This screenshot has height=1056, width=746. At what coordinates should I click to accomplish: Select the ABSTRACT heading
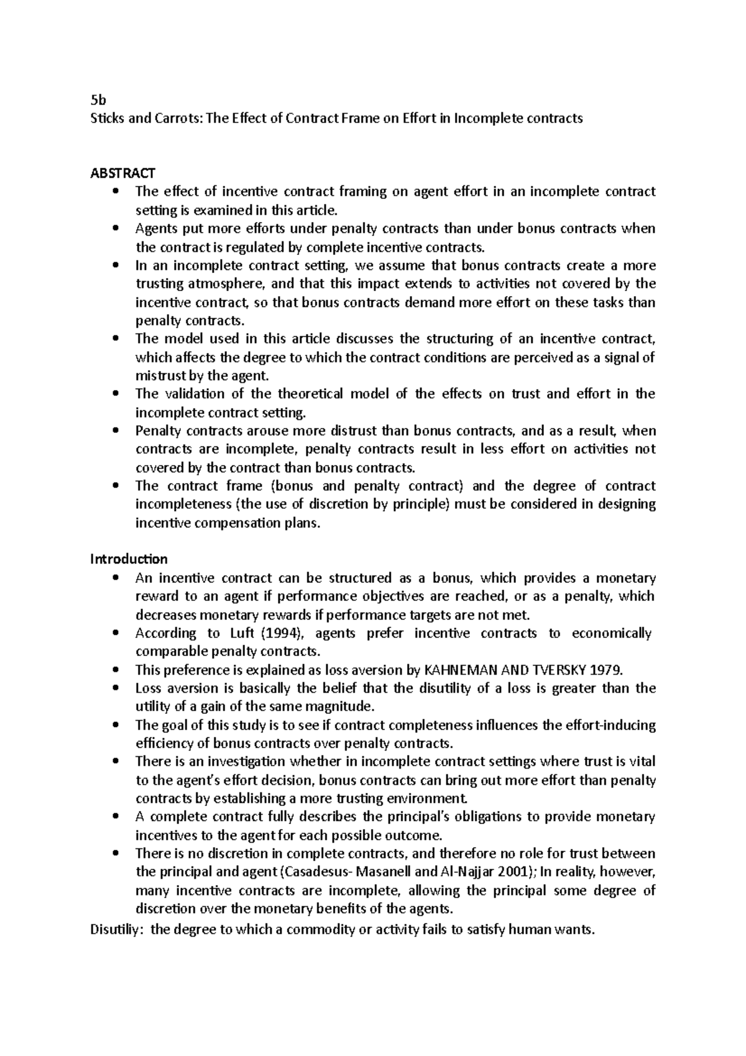tap(122, 173)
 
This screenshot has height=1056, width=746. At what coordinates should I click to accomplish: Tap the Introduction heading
tap(129, 558)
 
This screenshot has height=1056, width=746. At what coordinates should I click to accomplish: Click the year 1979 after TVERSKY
tap(606, 670)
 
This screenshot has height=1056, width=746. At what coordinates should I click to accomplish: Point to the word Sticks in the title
tap(108, 118)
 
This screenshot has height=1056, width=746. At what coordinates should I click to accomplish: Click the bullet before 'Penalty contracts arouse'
tap(115, 431)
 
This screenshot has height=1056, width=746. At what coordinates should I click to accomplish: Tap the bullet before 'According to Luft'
tap(115, 633)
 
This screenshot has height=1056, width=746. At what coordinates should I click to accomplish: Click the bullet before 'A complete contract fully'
tap(115, 817)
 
